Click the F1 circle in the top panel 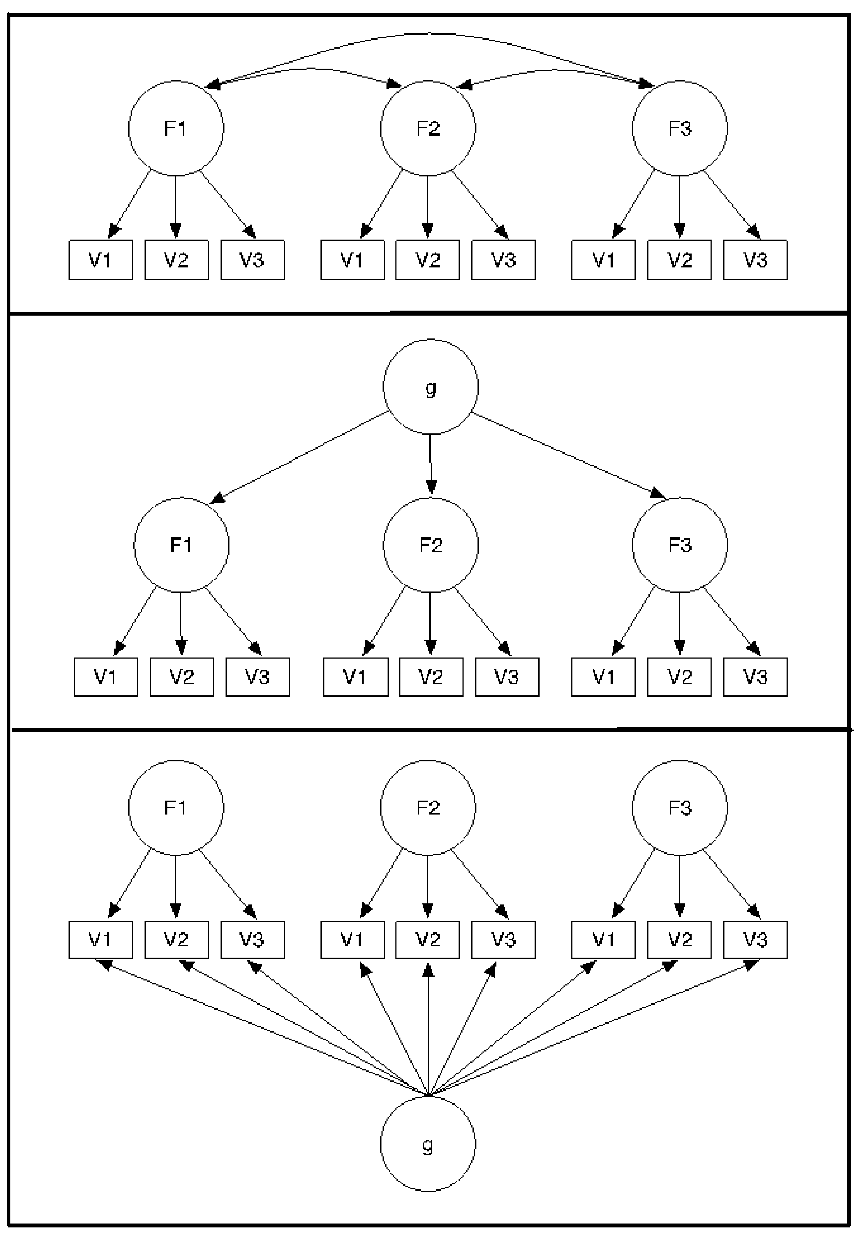176,128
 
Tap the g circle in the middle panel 430,387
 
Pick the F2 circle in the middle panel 430,545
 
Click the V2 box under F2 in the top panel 428,260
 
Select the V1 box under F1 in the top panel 101,260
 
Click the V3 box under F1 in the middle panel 258,677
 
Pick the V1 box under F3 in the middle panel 603,677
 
